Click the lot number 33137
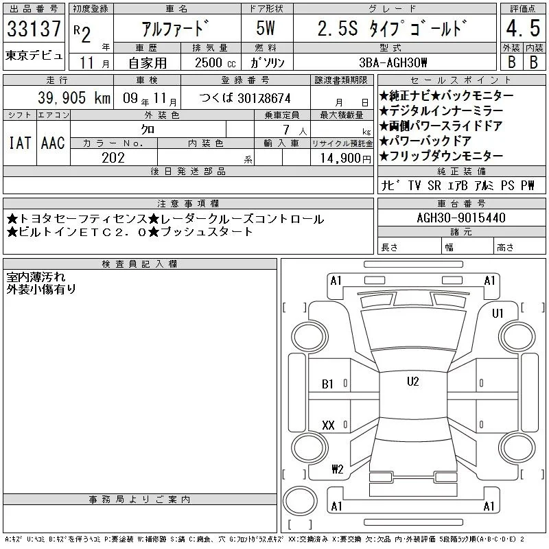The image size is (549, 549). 34,29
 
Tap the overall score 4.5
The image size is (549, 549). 523,28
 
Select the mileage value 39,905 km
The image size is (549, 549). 74,98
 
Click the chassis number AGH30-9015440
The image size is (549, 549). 461,218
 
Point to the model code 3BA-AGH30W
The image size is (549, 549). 393,62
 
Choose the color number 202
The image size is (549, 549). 113,158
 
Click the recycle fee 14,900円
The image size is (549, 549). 346,159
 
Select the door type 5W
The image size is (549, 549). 266,28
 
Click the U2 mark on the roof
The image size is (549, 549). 413,382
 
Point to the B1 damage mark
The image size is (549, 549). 327,384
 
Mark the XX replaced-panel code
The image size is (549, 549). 328,425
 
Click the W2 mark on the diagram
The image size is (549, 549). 338,469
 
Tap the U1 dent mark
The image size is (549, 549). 498,314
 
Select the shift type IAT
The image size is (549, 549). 20,143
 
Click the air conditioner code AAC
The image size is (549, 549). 53,143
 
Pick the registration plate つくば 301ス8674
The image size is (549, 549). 245,98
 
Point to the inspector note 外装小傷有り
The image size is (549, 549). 41,290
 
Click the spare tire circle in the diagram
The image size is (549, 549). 300,501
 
